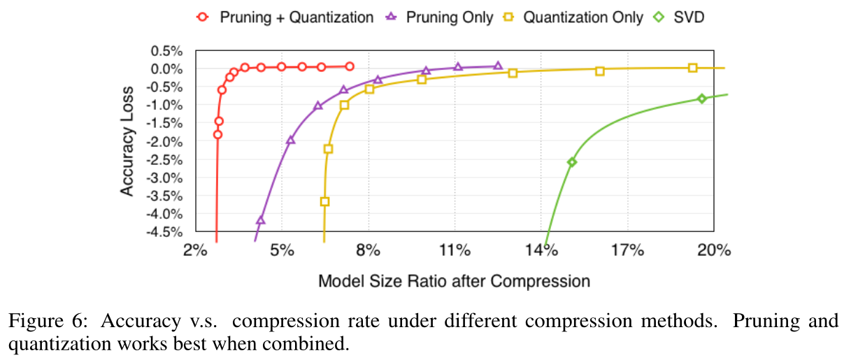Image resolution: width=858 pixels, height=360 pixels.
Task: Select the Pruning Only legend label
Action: [x=450, y=17]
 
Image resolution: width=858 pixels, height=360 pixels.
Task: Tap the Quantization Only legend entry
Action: [x=583, y=17]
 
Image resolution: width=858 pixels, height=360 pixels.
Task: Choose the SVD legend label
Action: [x=689, y=17]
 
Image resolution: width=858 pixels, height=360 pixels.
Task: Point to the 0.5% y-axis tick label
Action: [x=166, y=51]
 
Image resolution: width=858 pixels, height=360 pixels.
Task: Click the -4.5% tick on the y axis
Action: [x=164, y=232]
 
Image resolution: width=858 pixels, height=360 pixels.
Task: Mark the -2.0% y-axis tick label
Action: [x=164, y=142]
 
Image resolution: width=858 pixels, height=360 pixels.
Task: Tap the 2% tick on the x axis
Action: [x=195, y=250]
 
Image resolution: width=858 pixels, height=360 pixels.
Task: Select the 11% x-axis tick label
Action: [x=455, y=250]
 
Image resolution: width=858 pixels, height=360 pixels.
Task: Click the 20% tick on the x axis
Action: [x=714, y=250]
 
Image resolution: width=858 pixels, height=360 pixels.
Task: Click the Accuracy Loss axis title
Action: [x=127, y=141]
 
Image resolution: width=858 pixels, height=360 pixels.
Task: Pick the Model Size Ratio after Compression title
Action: [x=455, y=282]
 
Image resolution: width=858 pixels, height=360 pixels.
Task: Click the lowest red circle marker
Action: [x=217, y=134]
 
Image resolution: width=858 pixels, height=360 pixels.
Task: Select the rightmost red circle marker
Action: [x=350, y=66]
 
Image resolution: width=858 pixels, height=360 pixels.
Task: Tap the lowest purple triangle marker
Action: [x=261, y=219]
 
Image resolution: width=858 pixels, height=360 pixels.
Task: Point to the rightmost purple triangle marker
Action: [x=498, y=66]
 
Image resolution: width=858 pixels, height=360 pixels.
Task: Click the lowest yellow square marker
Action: [x=325, y=201]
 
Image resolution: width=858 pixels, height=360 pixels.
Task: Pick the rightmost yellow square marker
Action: [x=692, y=68]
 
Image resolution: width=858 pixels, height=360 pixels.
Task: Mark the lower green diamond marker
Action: [x=572, y=162]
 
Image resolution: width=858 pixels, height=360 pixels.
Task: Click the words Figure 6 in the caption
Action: [x=48, y=321]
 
